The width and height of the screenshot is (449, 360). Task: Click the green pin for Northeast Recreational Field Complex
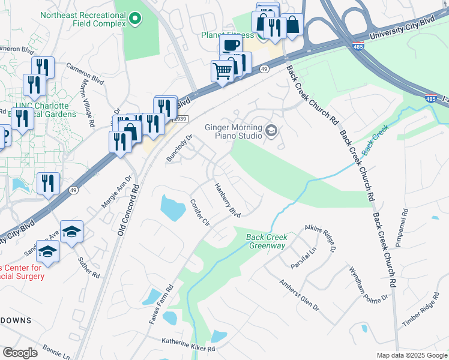coord(135,19)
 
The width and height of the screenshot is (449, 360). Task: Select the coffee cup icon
coord(231,46)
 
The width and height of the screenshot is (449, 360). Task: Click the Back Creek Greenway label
coord(267,241)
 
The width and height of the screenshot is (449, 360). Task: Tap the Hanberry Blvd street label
coord(228,200)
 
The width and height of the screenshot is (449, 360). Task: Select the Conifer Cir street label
coord(200,212)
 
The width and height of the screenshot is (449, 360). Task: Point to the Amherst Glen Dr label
coord(299,294)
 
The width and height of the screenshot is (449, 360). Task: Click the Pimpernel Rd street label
coord(402,228)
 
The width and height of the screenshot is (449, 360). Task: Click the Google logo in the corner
coord(20,353)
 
